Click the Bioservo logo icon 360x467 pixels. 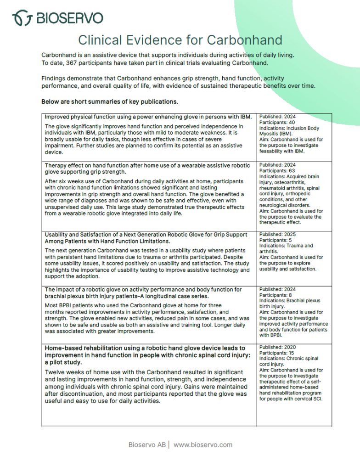click(22, 18)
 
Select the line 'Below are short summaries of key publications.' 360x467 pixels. click(110, 101)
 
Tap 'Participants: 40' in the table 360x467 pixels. click(277, 123)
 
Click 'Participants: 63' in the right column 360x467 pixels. click(277, 170)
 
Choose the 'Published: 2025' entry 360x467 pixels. click(277, 234)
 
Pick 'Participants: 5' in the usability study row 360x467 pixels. click(276, 240)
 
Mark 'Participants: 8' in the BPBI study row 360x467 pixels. click(276, 295)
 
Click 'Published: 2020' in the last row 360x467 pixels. click(277, 347)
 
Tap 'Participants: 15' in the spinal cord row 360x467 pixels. click(277, 353)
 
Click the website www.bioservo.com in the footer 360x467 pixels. click(203, 444)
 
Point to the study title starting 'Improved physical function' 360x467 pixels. click(148, 117)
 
